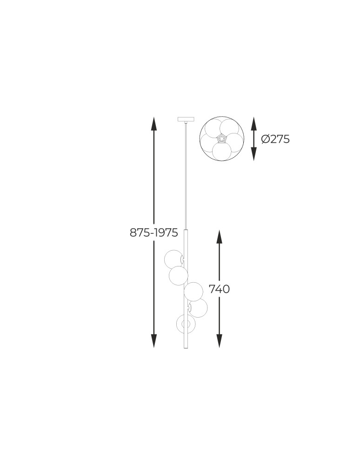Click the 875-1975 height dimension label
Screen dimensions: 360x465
(x=153, y=232)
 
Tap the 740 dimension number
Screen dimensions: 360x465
(x=219, y=289)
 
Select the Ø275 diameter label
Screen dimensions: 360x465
(x=275, y=139)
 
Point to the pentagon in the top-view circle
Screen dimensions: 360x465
(x=221, y=138)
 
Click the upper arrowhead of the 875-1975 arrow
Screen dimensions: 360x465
(x=153, y=124)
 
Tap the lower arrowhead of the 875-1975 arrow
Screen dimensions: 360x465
(x=153, y=341)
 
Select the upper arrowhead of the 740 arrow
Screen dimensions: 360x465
(x=219, y=237)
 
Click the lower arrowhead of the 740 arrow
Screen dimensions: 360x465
(x=219, y=341)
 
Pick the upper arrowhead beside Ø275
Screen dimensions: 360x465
(x=253, y=124)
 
